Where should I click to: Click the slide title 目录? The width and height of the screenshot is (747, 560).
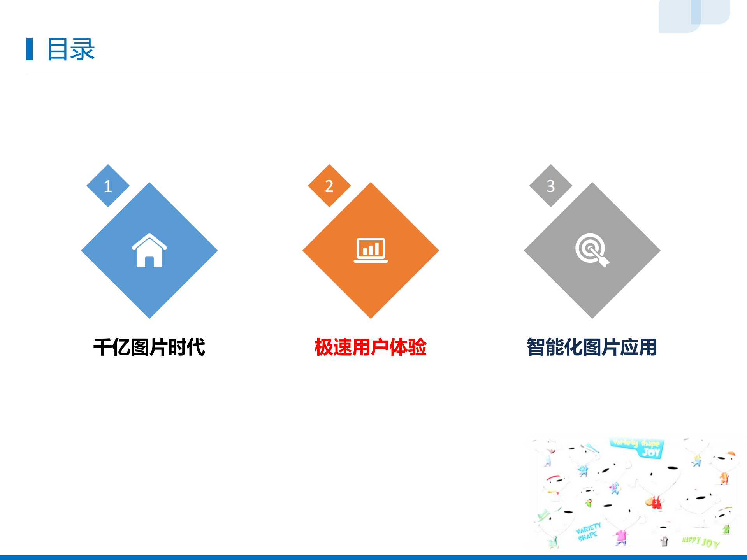point(71,49)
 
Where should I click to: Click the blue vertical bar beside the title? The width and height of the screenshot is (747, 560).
point(30,49)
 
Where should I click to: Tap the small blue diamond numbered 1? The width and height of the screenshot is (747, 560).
point(108,186)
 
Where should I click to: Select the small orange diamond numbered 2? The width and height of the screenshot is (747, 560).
point(329,186)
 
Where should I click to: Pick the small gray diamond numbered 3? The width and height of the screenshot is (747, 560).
point(550,186)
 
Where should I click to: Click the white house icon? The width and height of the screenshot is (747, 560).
point(149,251)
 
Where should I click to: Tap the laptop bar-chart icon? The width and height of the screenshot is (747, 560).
point(371,250)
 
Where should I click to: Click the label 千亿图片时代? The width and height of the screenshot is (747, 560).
point(149,347)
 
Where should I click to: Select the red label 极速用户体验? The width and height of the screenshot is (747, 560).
point(371,347)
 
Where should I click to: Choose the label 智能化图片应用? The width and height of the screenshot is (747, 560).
point(592,347)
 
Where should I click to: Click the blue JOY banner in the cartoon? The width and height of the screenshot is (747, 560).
point(637,448)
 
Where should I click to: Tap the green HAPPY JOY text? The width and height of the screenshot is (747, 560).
point(701,542)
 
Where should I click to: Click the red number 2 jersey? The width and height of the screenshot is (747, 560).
point(656,503)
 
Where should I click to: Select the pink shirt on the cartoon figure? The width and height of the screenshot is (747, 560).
point(621,537)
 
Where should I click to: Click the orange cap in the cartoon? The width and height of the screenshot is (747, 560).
point(731,454)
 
